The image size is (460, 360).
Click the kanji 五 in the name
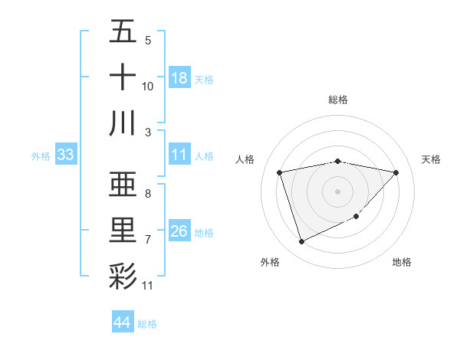click(123, 32)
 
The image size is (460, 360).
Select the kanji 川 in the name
click(123, 123)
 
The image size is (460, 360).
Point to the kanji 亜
click(123, 185)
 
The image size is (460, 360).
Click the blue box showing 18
click(179, 78)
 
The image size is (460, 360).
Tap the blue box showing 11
click(179, 155)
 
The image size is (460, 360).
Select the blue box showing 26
click(179, 232)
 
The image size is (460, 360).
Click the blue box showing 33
click(65, 155)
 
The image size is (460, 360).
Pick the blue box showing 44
click(122, 322)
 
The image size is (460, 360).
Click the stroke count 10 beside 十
click(147, 86)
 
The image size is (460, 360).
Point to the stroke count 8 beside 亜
click(147, 193)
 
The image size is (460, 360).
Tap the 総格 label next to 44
click(147, 324)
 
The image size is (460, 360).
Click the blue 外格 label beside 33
click(41, 156)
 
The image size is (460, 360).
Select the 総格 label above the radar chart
click(337, 100)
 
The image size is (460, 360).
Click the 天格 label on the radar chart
click(432, 159)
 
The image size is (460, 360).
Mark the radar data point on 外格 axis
click(301, 242)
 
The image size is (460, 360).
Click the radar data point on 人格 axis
click(280, 173)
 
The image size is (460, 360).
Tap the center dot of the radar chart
click(337, 191)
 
